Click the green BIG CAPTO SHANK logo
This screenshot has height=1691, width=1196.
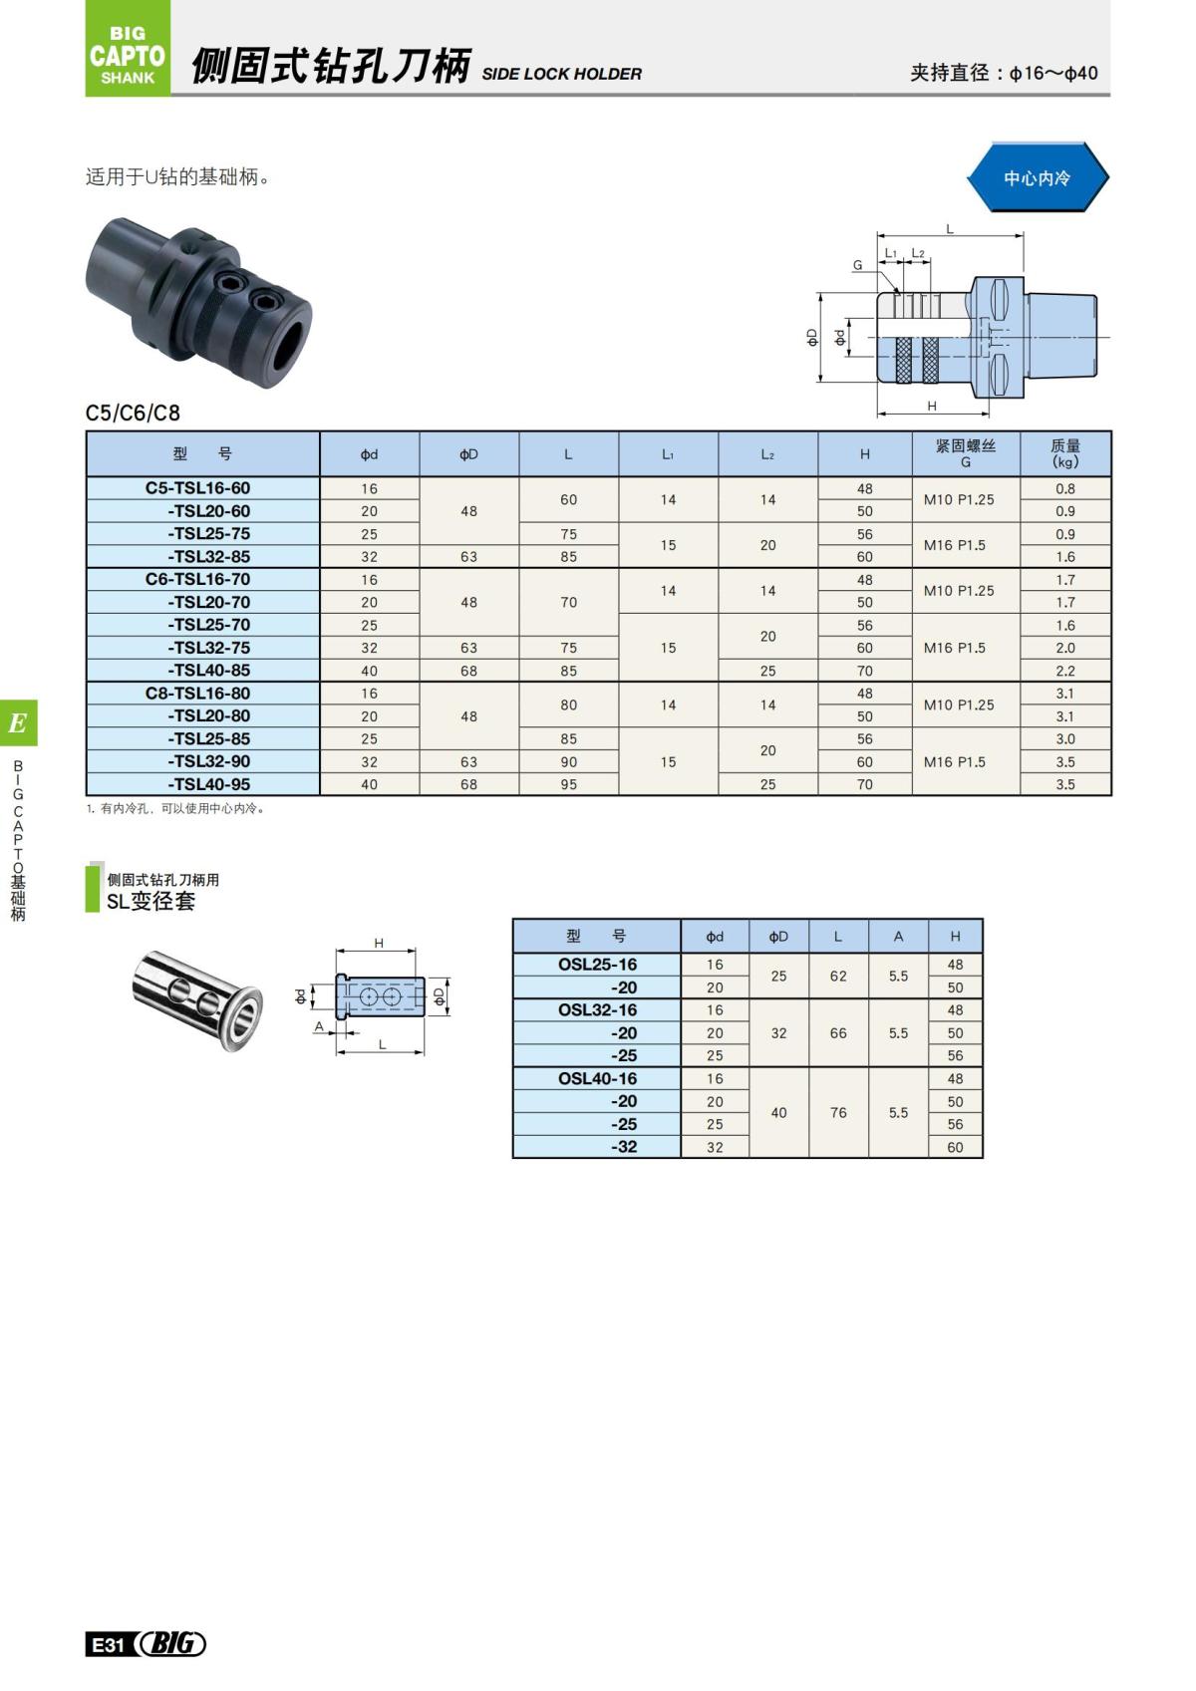pyautogui.click(x=128, y=50)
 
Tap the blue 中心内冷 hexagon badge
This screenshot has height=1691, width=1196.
pyautogui.click(x=1037, y=177)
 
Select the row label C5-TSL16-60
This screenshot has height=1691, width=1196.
pyautogui.click(x=198, y=488)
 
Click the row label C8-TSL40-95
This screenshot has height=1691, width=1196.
pyautogui.click(x=208, y=784)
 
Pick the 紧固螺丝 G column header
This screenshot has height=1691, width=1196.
pyautogui.click(x=965, y=453)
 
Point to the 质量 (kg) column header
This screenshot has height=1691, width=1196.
pyautogui.click(x=1064, y=453)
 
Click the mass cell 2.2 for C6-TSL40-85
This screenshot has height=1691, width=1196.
pyautogui.click(x=1064, y=671)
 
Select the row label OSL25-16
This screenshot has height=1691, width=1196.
pyautogui.click(x=597, y=965)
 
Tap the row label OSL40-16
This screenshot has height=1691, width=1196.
pyautogui.click(x=597, y=1078)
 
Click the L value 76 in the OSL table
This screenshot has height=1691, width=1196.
pyautogui.click(x=838, y=1112)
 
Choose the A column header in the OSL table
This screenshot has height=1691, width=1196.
pyautogui.click(x=898, y=937)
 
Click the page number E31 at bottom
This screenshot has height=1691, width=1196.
pyautogui.click(x=108, y=1645)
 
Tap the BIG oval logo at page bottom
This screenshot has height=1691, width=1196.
pyautogui.click(x=171, y=1644)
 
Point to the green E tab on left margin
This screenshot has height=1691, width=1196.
pyautogui.click(x=18, y=723)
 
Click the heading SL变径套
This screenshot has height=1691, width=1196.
pyautogui.click(x=150, y=901)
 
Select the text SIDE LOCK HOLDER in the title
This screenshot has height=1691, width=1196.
pyautogui.click(x=561, y=74)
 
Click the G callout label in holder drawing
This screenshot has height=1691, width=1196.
pyautogui.click(x=857, y=265)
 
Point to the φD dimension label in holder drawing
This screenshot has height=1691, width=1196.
pyautogui.click(x=812, y=337)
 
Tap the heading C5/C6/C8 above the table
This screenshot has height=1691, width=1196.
pyautogui.click(x=133, y=413)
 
